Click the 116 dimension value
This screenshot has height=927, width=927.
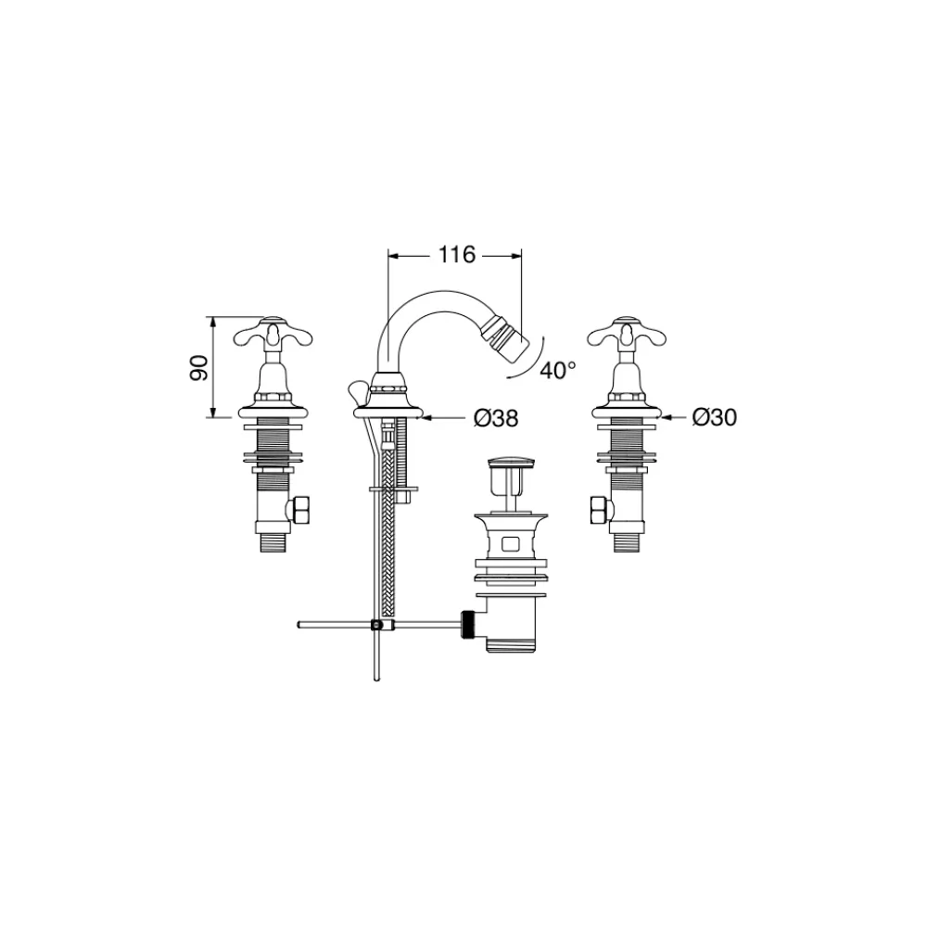pos(457,255)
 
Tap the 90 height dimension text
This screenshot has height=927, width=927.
pos(199,368)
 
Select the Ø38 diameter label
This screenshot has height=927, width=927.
pos(496,419)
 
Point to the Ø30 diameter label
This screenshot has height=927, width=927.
pos(715,417)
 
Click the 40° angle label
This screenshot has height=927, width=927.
pos(558,371)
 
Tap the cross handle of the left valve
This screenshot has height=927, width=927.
pos(273,333)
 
